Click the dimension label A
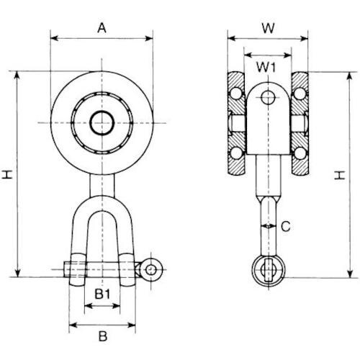tap(102, 28)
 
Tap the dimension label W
tap(268, 28)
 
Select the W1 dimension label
tap(266, 67)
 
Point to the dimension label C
tap(286, 226)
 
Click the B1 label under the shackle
tap(102, 294)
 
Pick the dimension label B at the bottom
tap(103, 336)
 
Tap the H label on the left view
tap(8, 174)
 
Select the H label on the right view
tap(340, 175)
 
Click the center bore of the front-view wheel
tap(102, 123)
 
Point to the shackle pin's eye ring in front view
tap(150, 269)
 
